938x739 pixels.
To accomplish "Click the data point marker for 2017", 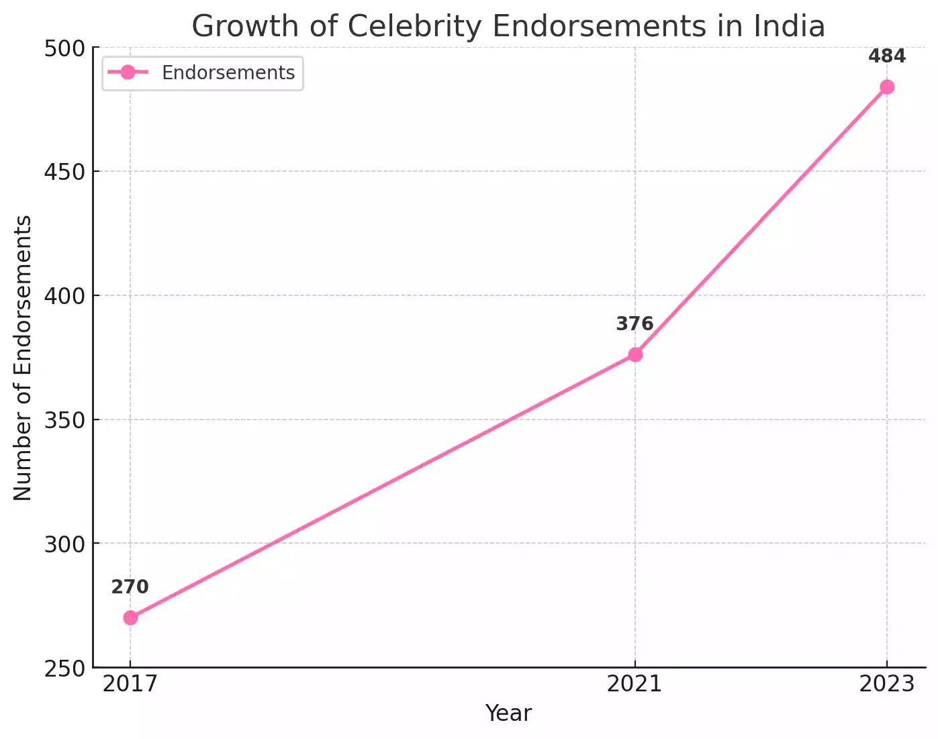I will pos(130,618).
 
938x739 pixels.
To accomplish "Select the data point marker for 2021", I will pos(635,354).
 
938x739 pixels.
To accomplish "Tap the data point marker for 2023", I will pos(887,87).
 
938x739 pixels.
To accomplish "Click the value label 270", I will pos(130,587).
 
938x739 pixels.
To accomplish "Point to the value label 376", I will pos(635,324).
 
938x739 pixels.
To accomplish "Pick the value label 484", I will pos(887,56).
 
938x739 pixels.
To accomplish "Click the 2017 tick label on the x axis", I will pos(130,684).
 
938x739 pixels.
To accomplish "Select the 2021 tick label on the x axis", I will pos(635,684).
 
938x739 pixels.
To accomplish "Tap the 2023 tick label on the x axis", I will pos(887,684).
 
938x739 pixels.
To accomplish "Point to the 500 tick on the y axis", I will pos(64,48).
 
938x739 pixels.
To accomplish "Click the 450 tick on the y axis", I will pos(64,172).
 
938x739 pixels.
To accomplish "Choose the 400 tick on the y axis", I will pos(64,296).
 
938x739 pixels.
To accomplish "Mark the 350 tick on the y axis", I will pos(64,420).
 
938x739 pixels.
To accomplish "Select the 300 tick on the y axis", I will pos(64,544).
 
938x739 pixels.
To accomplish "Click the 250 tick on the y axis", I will pos(64,669).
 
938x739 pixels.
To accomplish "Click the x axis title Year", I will pos(508,713).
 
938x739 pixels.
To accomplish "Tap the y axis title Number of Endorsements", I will pos(23,358).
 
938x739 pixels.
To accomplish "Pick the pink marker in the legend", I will pos(128,72).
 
